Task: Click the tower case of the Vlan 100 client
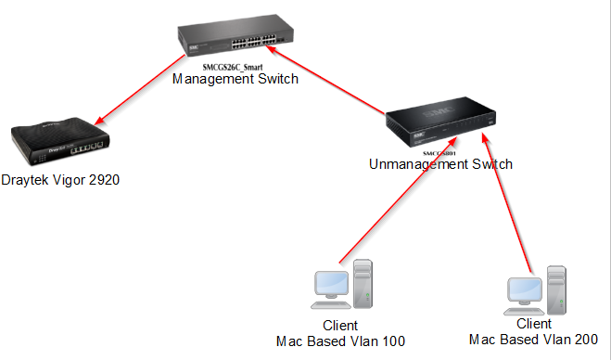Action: click(362, 282)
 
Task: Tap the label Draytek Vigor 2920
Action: click(60, 180)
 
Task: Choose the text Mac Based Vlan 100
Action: click(340, 341)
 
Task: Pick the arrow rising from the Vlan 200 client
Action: click(508, 204)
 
